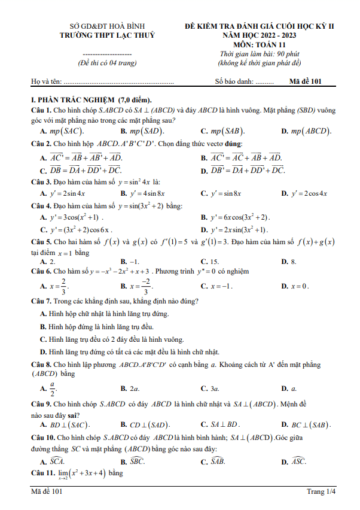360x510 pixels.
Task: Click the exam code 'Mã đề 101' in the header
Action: [x=306, y=81]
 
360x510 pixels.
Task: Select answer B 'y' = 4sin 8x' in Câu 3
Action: [x=147, y=193]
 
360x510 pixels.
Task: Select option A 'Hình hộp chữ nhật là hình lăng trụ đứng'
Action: [x=109, y=313]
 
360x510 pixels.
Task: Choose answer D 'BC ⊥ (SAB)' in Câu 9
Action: [x=310, y=424]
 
